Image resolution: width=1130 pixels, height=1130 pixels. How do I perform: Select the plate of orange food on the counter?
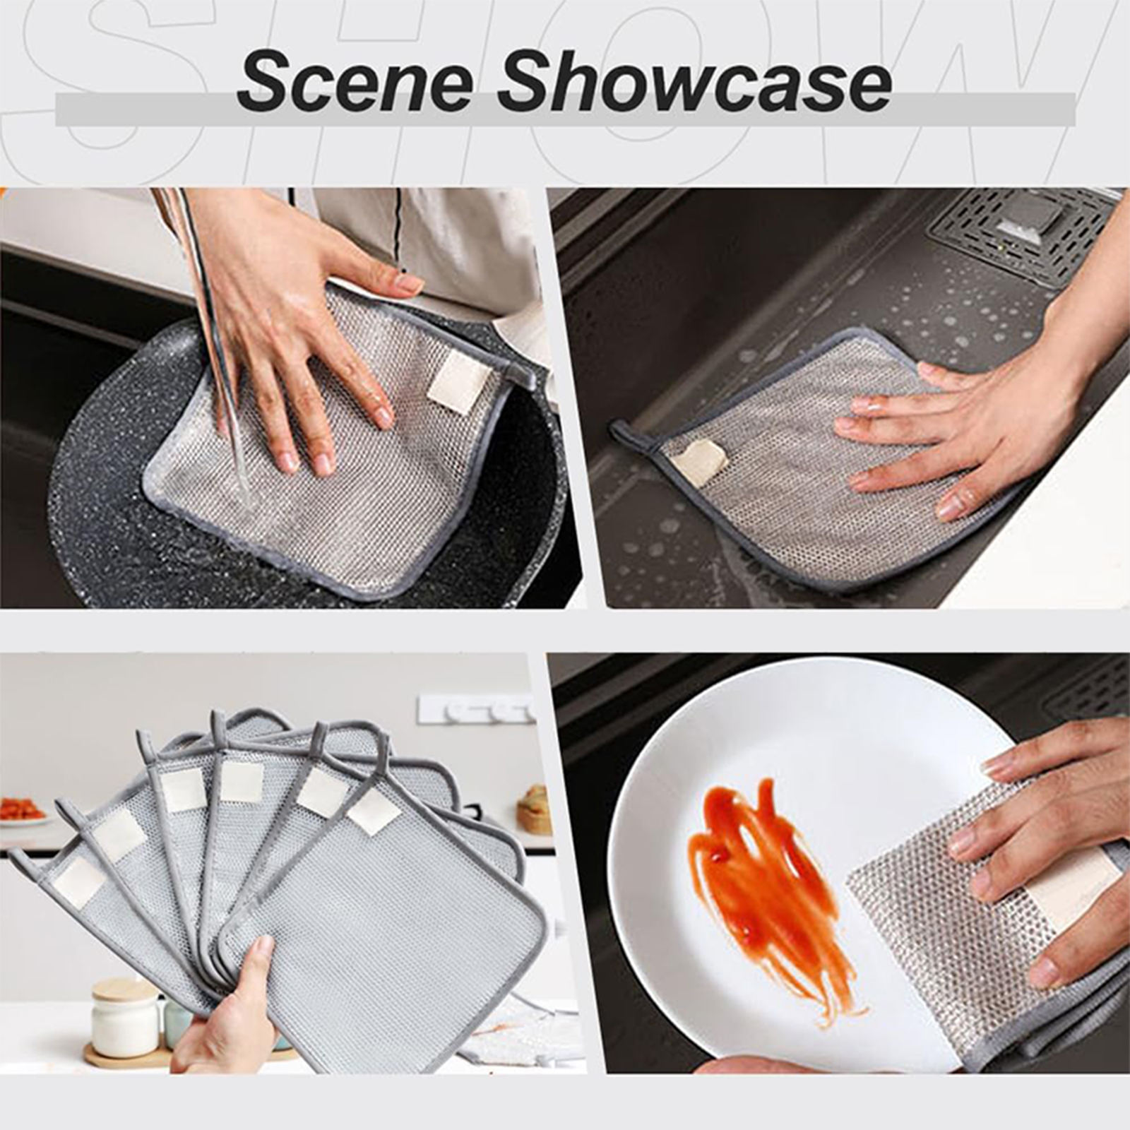(23, 809)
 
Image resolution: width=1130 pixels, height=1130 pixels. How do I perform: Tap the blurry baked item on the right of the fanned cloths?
(535, 809)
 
